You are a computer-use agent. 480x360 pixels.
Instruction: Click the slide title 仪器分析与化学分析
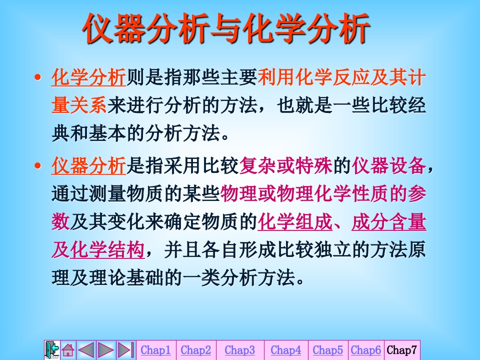[226, 28]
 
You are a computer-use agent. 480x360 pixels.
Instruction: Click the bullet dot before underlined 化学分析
[38, 77]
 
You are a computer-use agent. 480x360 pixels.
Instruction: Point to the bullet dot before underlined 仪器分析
[38, 165]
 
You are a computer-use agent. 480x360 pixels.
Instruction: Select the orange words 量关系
[79, 105]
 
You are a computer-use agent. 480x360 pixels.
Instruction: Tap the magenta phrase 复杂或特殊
[285, 165]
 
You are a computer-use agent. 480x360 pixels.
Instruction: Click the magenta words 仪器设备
[389, 165]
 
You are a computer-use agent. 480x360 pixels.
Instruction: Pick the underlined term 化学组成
[295, 222]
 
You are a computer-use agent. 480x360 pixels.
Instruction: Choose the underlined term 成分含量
[389, 222]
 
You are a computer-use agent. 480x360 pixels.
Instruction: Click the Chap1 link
[155, 350]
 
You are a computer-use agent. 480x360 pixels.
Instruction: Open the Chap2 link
[196, 350]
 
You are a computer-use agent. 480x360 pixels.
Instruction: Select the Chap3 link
[239, 350]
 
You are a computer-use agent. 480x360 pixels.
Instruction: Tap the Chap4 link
[286, 350]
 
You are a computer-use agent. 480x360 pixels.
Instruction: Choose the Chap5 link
[328, 350]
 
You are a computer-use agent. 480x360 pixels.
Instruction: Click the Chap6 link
[366, 350]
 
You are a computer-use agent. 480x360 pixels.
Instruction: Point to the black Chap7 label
[401, 350]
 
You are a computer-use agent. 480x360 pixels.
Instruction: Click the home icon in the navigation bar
[68, 350]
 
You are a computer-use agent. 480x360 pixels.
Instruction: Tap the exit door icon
[52, 349]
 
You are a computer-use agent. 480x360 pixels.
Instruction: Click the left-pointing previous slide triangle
[86, 350]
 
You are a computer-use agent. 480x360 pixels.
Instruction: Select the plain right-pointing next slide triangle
[106, 350]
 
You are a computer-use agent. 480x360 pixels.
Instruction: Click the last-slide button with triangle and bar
[126, 350]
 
